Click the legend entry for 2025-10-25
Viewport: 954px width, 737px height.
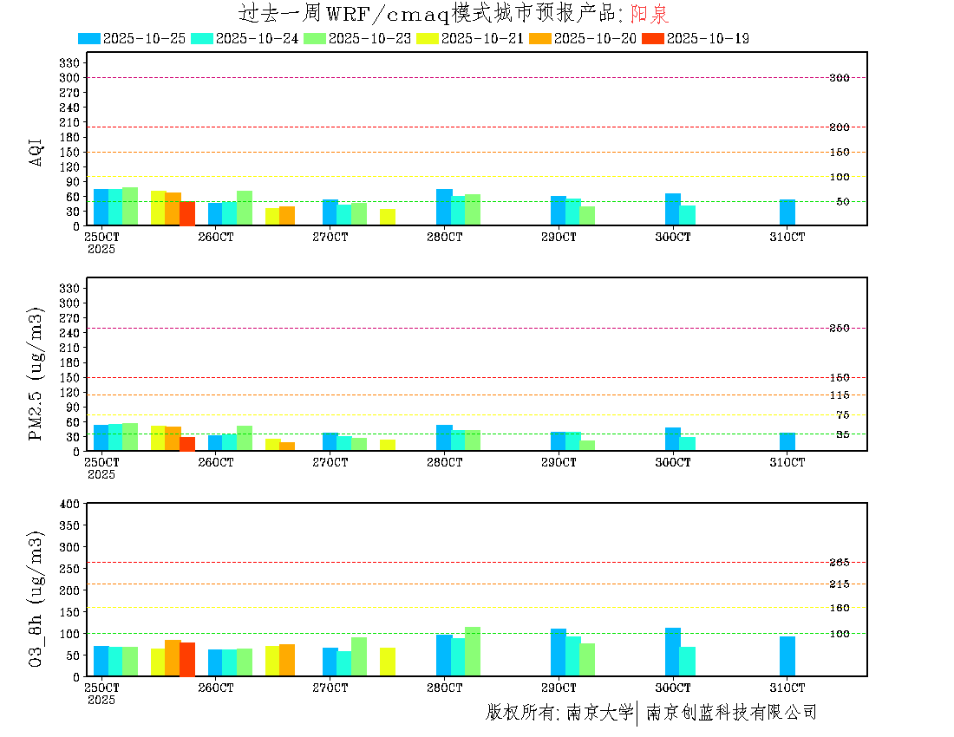(132, 38)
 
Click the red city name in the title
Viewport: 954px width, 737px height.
(650, 14)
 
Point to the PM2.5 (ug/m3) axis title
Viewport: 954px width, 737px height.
(36, 374)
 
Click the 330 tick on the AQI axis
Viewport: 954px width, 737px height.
(69, 62)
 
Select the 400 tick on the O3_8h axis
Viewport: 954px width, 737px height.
(69, 504)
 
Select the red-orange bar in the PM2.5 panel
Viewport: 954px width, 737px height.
(187, 444)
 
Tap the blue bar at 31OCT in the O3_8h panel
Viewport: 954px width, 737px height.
(787, 656)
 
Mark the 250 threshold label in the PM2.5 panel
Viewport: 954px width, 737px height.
(839, 328)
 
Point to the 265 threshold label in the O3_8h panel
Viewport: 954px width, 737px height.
(839, 563)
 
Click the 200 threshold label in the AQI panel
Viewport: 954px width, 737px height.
(839, 127)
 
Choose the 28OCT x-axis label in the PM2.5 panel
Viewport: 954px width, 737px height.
(444, 463)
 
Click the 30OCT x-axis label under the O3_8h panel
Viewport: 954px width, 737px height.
(673, 688)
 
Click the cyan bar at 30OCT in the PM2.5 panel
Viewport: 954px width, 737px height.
(687, 444)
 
